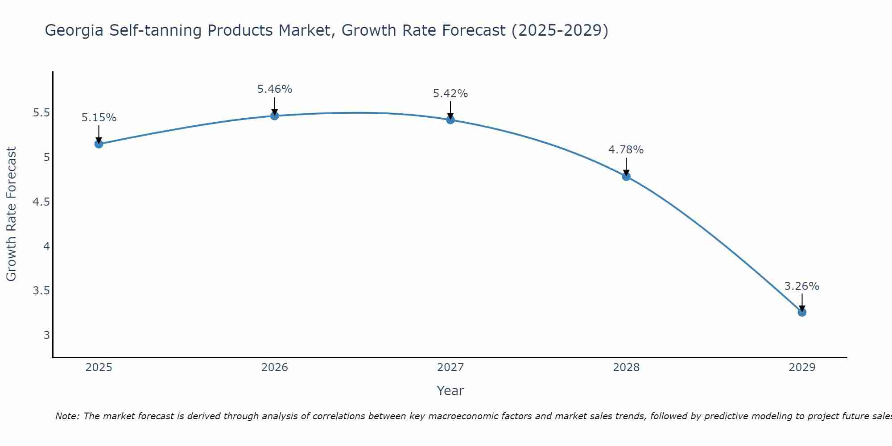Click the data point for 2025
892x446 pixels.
99,144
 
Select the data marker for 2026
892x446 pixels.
275,116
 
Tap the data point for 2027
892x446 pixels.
450,120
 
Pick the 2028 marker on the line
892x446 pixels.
626,176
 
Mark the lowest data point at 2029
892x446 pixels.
802,312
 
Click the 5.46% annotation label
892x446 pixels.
275,89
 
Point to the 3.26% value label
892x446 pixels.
802,286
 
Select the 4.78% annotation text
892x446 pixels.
626,150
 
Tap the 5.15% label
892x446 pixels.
99,118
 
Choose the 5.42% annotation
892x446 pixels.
450,94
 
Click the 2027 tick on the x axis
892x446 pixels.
450,368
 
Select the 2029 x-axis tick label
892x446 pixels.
802,368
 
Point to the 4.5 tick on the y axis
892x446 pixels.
41,202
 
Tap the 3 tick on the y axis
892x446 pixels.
46,335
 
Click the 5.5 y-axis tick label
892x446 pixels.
41,113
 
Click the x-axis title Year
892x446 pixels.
450,391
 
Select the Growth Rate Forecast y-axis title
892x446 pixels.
12,214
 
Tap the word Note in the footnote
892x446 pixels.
67,416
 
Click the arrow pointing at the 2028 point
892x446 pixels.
626,167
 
